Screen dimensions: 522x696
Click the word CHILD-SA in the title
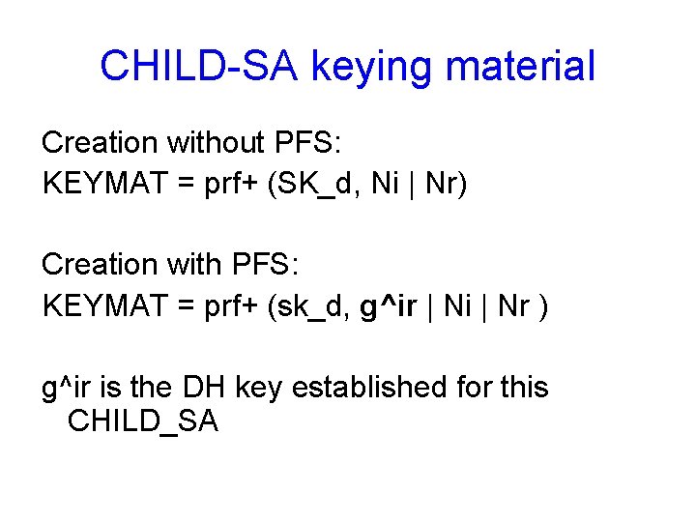(x=197, y=66)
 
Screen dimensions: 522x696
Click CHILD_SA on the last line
(x=143, y=421)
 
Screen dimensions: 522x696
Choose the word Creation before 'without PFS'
(x=100, y=142)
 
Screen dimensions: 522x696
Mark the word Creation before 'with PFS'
(x=100, y=264)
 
